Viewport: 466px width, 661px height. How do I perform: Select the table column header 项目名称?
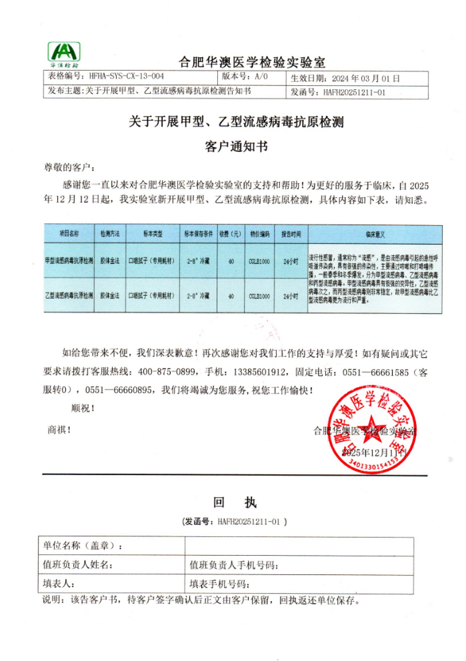(69, 235)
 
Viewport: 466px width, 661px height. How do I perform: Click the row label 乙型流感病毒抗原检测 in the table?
(69, 295)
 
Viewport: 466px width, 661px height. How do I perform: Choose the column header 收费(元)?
(231, 235)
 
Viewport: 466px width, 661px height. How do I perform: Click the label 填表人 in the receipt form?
(60, 584)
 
